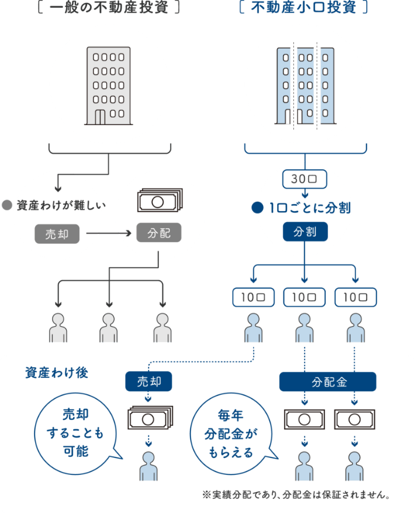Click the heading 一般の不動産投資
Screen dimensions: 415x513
(x=109, y=7)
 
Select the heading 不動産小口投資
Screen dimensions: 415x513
(x=303, y=7)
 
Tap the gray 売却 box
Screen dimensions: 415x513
(x=57, y=234)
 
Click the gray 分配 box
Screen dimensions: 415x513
(x=158, y=233)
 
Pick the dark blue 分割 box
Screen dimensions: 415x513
(x=305, y=232)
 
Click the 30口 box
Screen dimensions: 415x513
(x=305, y=179)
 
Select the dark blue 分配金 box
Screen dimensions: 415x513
(x=328, y=381)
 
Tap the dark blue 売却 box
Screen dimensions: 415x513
(x=149, y=381)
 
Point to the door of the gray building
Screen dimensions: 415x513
(x=100, y=117)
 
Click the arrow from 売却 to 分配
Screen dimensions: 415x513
(x=109, y=233)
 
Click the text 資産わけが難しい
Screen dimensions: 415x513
(x=61, y=205)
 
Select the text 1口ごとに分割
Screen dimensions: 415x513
(x=310, y=208)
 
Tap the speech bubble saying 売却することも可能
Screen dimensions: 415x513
(x=77, y=434)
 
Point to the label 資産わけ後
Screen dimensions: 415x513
(x=57, y=373)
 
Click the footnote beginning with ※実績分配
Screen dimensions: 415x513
(x=296, y=495)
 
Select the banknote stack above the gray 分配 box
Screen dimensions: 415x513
(x=160, y=200)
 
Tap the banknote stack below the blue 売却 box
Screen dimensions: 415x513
(x=150, y=418)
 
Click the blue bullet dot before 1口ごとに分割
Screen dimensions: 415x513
(x=257, y=208)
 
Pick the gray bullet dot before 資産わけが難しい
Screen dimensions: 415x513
(x=7, y=205)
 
